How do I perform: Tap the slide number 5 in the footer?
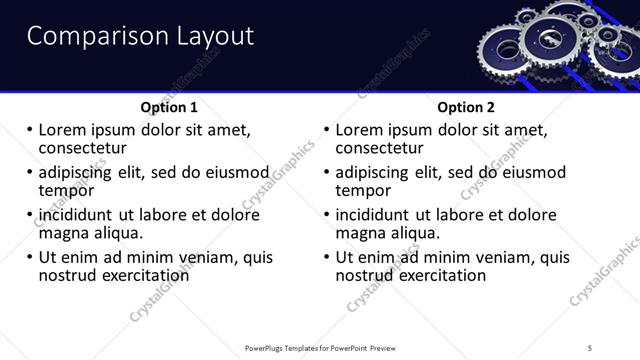[x=591, y=349]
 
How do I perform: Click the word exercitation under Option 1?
[x=140, y=275]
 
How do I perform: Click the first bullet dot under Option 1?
[x=29, y=130]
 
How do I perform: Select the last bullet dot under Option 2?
[x=327, y=257]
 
